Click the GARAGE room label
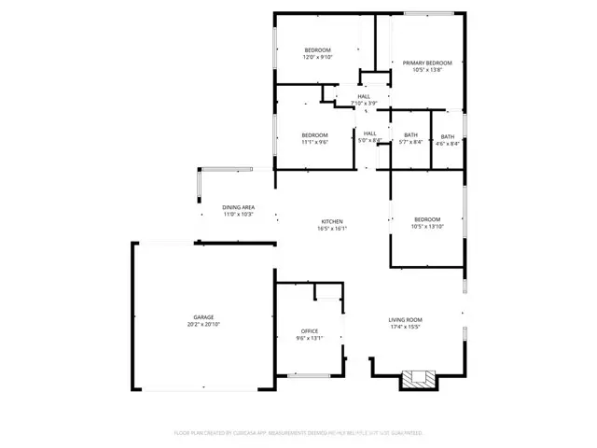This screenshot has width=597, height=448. (203, 317)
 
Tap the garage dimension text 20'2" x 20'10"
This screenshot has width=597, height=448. (203, 325)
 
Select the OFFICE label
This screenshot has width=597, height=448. (310, 331)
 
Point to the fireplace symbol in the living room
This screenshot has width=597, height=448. (417, 378)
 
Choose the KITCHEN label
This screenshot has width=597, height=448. (333, 220)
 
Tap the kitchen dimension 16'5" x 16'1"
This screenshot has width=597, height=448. (333, 228)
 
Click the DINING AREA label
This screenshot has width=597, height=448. (239, 207)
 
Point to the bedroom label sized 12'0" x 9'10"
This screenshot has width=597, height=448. (318, 49)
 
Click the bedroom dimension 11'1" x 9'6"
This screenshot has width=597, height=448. (314, 143)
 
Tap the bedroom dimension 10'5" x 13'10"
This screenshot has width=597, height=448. (426, 226)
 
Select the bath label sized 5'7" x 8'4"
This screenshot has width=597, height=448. (410, 136)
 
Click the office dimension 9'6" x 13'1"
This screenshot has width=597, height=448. (310, 339)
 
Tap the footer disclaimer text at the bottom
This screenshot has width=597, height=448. (298, 433)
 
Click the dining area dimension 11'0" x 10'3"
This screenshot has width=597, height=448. (239, 215)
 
